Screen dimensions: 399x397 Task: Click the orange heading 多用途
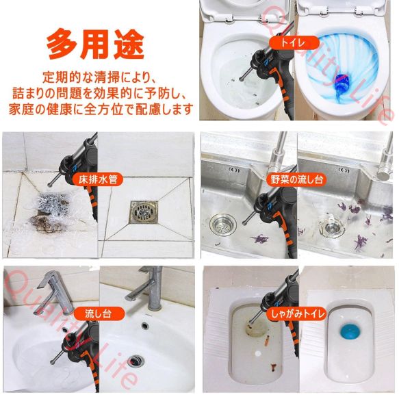96,44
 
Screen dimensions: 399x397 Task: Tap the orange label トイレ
294,42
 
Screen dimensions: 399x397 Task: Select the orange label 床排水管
98,179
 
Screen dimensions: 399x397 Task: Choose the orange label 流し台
99,313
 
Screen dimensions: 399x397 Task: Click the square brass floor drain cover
144,212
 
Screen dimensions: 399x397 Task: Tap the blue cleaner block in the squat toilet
350,331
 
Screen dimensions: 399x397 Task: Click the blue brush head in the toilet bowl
342,82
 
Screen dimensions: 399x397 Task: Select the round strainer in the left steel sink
223,225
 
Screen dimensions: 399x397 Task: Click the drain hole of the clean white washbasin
136,361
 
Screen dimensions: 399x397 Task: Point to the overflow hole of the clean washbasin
145,325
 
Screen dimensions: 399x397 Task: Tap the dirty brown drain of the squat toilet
257,329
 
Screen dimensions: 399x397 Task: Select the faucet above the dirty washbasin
53,292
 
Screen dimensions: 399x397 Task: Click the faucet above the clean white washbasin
148,287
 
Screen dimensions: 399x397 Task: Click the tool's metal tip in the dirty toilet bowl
241,79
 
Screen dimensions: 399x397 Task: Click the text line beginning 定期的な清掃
99,77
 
